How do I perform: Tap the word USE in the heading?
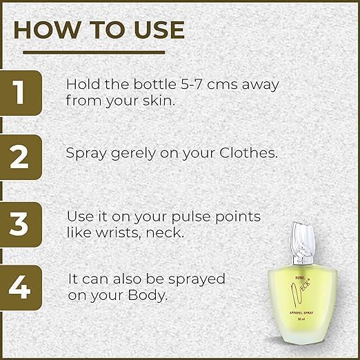[159, 30]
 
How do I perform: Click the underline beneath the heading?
[94, 52]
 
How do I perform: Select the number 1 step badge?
[21, 93]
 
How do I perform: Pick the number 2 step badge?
[21, 157]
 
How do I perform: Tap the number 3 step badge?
[21, 225]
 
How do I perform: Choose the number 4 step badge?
[21, 288]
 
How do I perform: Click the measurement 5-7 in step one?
[192, 84]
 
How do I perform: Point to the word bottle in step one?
[155, 84]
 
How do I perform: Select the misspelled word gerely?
[133, 153]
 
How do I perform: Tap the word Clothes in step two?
[248, 152]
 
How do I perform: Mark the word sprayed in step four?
[197, 280]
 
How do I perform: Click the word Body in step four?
[148, 295]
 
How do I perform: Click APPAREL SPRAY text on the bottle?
[301, 312]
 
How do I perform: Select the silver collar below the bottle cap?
[303, 260]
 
